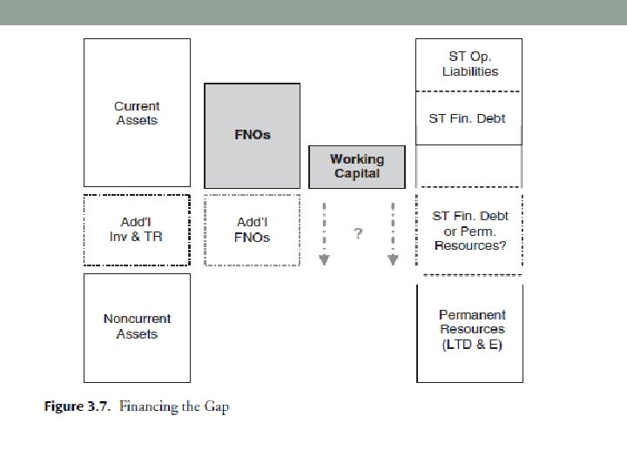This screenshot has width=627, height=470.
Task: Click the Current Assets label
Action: (137, 113)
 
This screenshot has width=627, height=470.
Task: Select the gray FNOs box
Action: (253, 135)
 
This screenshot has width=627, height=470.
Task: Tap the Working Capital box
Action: (357, 166)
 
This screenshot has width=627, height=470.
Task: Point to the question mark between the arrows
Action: (357, 233)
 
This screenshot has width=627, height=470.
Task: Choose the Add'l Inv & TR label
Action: (137, 230)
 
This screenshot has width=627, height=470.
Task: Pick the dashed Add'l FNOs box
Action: (253, 230)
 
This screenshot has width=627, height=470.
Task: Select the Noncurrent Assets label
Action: (137, 326)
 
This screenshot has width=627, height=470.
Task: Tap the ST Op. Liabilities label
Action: (469, 64)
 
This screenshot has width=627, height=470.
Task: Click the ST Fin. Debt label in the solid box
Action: (468, 118)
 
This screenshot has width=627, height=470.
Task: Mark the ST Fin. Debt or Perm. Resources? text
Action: (469, 230)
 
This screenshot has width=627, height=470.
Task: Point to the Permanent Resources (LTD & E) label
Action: (471, 330)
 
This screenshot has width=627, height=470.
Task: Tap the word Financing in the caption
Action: (148, 406)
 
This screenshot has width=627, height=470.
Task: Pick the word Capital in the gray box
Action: (357, 173)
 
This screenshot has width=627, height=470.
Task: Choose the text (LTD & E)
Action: (472, 345)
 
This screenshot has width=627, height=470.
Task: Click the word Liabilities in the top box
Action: (469, 71)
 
